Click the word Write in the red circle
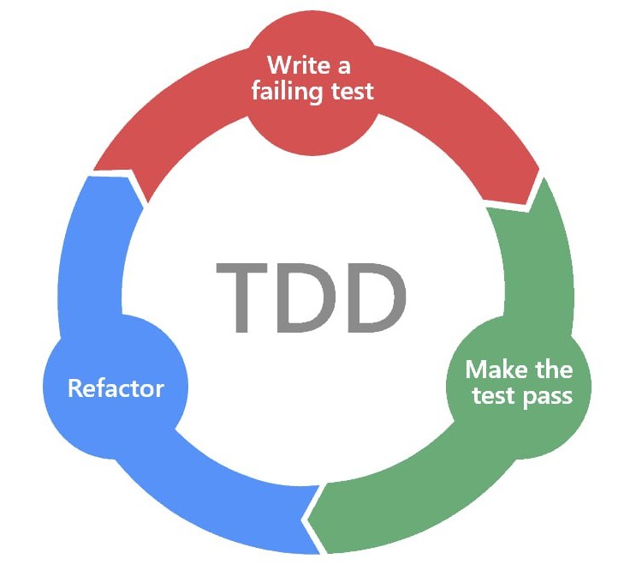click(299, 65)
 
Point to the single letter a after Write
click(344, 67)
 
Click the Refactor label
click(116, 388)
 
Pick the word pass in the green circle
click(548, 397)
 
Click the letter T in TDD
click(241, 298)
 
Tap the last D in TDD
click(377, 298)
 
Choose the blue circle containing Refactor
click(116, 387)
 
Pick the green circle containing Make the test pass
click(519, 387)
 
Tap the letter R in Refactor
click(75, 388)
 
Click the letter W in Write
click(280, 65)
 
